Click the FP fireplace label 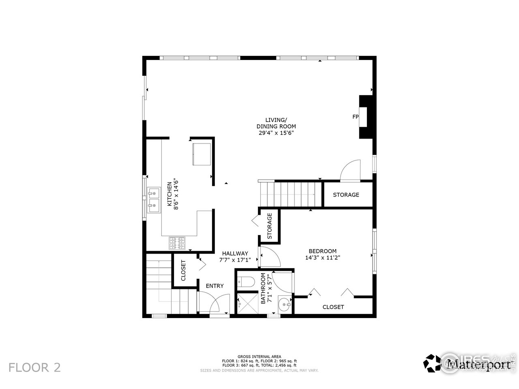[355, 117]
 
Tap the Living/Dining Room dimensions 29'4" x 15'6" [276, 133]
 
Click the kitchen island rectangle [202, 154]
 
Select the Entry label [214, 286]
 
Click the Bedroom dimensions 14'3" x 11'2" [322, 257]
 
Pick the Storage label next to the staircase [346, 194]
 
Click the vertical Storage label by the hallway [269, 226]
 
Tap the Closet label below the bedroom [333, 307]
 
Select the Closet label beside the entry [183, 270]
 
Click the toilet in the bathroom [246, 281]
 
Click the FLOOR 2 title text [35, 368]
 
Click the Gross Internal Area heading [259, 357]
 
